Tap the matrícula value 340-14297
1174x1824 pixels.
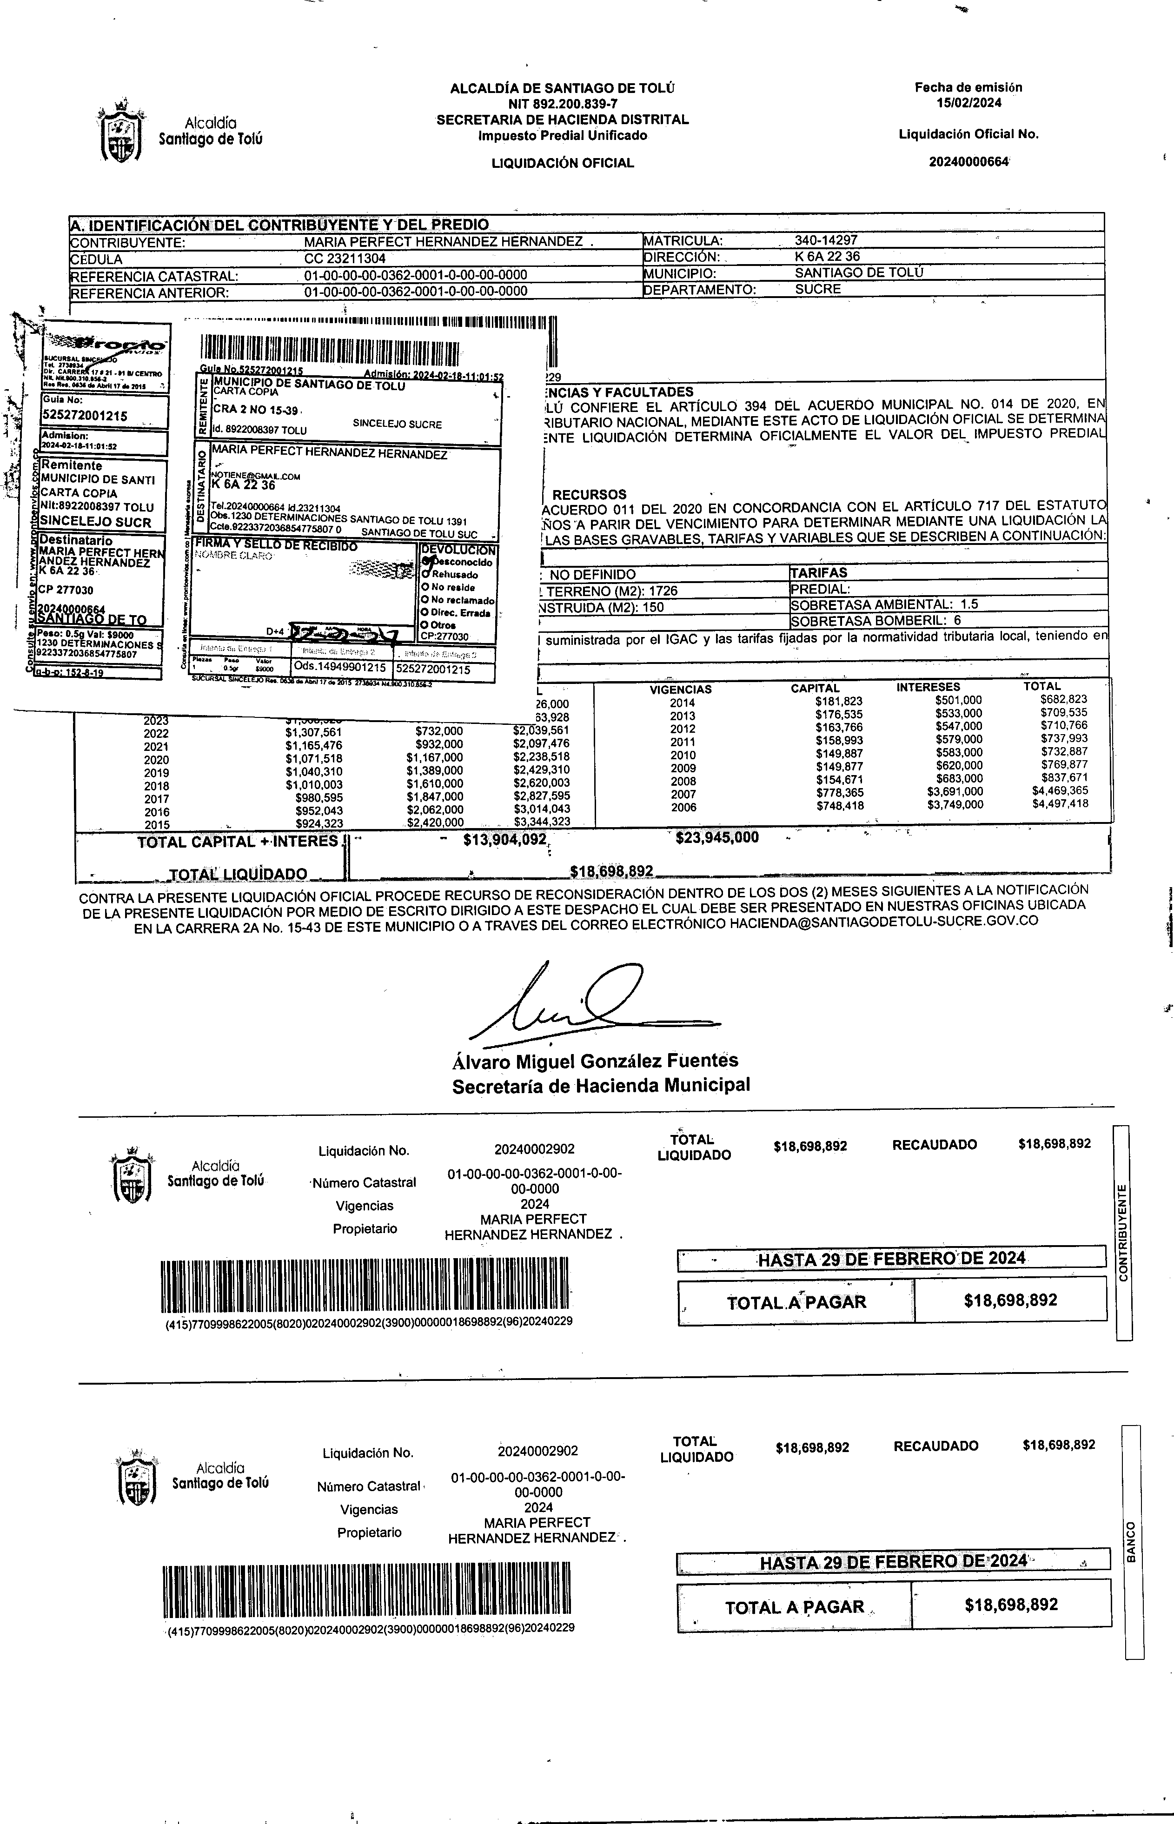tap(826, 240)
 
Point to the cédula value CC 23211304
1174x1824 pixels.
tap(345, 259)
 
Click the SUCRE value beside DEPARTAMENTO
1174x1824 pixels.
tap(817, 290)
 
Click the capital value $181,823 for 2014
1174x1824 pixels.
tap(839, 701)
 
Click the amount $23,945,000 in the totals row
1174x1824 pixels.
tap(716, 838)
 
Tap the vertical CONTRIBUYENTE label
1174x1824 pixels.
tap(1122, 1233)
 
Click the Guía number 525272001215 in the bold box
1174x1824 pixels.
tap(85, 415)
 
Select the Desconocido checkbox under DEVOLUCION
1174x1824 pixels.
tap(426, 562)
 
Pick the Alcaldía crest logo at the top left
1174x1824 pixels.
tap(120, 130)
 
